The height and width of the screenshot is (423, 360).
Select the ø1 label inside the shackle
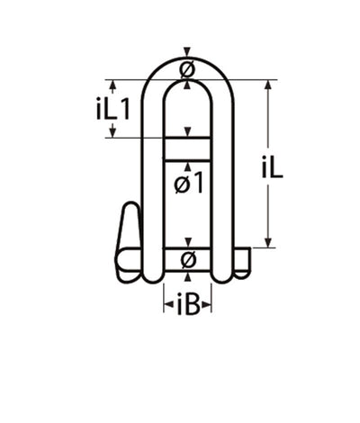(x=187, y=183)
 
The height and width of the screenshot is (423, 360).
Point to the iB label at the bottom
(x=187, y=306)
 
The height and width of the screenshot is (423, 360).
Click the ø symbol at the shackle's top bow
(x=186, y=69)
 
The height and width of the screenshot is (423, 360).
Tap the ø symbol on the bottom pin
(x=187, y=260)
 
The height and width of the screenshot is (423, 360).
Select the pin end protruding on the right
(x=243, y=260)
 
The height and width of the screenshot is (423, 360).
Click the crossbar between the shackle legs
(x=187, y=148)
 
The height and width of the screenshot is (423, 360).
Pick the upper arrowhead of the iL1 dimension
(x=112, y=85)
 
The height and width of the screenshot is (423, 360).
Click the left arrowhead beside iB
(x=166, y=306)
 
